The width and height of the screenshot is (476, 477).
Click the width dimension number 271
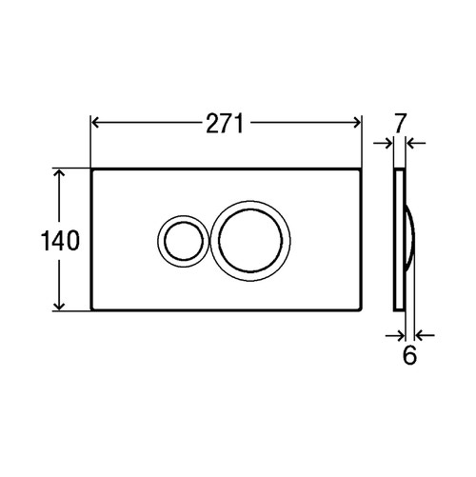(225, 122)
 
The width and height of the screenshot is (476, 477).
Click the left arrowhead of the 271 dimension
(96, 122)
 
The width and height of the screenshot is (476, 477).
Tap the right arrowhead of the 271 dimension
(356, 122)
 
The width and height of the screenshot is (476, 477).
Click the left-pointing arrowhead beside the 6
(420, 334)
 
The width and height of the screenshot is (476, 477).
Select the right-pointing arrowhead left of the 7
(388, 144)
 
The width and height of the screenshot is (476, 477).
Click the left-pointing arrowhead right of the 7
(411, 144)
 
